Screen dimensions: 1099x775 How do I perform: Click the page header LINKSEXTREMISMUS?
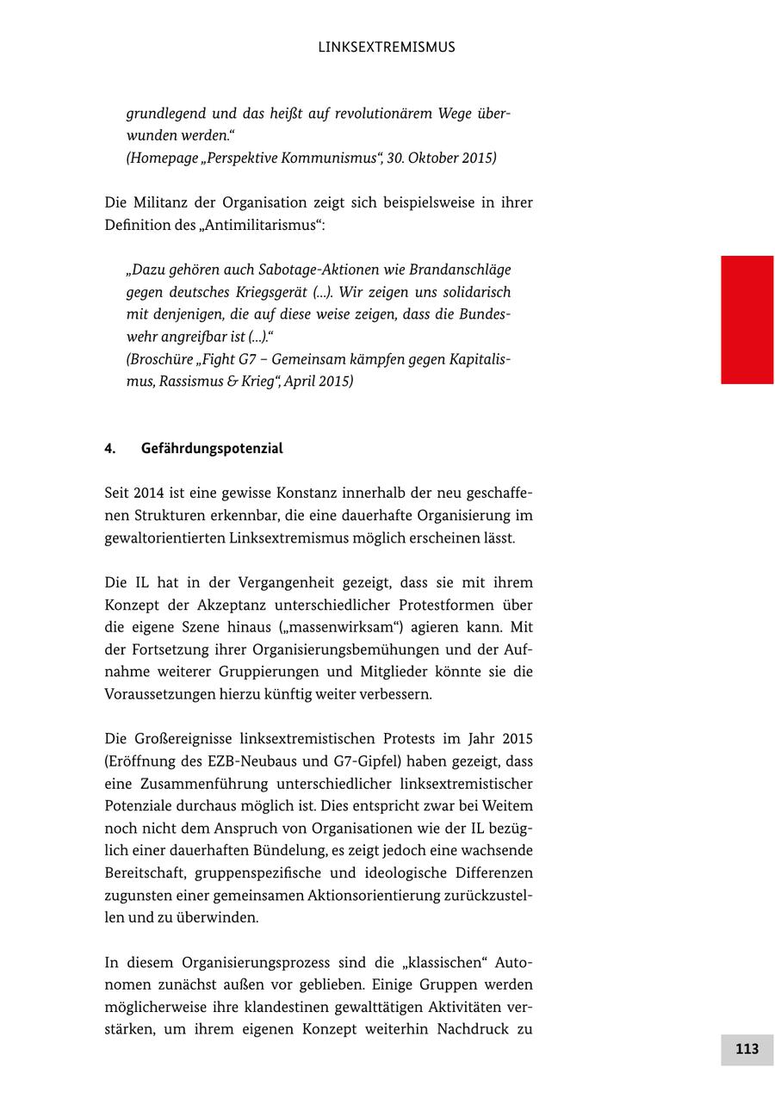[x=386, y=47]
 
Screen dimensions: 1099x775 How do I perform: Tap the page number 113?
[x=747, y=1049]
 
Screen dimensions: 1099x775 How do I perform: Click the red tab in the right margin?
[x=747, y=320]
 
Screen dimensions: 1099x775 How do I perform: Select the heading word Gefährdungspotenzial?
[x=212, y=449]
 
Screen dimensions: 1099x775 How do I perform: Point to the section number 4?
[x=110, y=449]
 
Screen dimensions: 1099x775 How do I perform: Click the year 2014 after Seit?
[x=149, y=494]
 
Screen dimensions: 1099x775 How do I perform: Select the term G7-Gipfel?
[x=369, y=762]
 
